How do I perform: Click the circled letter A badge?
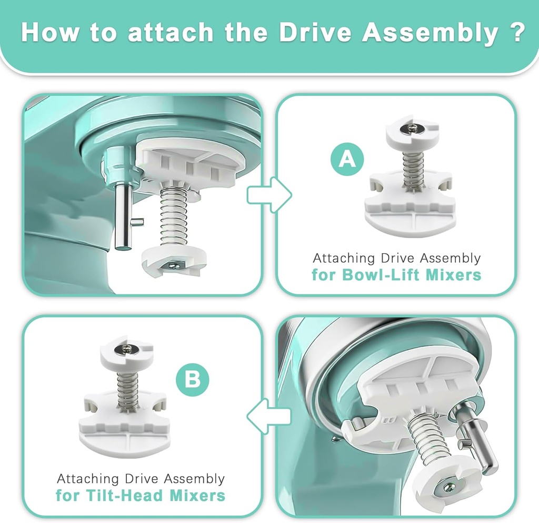[347, 159]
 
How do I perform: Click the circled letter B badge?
[193, 380]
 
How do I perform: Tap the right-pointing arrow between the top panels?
[269, 195]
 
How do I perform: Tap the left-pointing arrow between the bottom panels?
[269, 416]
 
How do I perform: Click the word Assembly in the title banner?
[430, 32]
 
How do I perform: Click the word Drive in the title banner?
[315, 32]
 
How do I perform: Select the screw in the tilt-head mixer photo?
[447, 487]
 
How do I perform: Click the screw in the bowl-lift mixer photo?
[173, 264]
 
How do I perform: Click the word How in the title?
[50, 32]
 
